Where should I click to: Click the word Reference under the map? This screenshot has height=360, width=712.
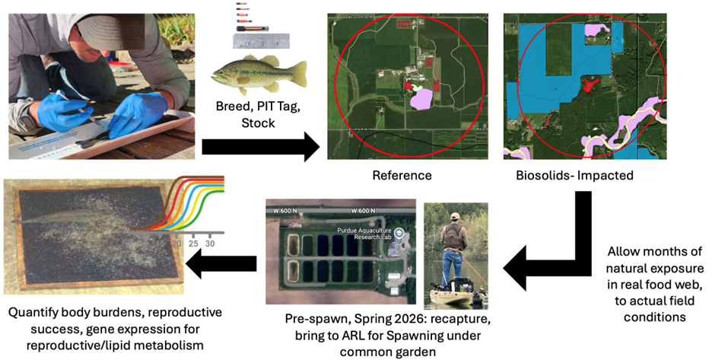point(402,176)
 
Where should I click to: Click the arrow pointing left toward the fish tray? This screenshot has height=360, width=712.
point(224,266)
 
